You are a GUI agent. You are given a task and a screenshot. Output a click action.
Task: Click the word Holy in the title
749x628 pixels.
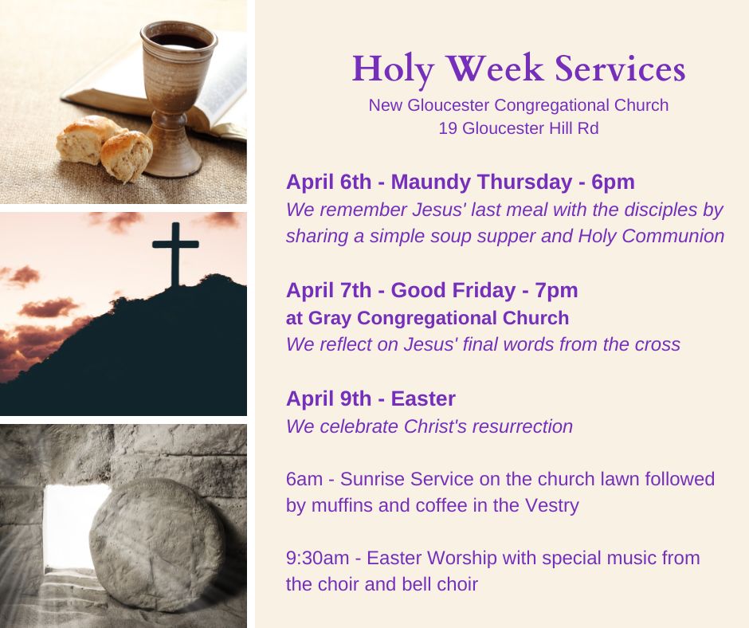(393, 70)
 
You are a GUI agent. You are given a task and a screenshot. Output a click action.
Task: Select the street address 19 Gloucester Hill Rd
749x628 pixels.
(518, 128)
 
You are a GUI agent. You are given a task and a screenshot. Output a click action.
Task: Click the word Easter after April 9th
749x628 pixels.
(423, 398)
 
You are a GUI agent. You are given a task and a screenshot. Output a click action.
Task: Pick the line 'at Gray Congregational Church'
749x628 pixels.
(428, 318)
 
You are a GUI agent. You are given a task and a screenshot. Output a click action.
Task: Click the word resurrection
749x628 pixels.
(522, 426)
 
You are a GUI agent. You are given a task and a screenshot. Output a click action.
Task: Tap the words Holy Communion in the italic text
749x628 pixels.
(651, 236)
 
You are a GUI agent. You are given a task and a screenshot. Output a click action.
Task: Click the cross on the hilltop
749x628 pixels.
(175, 253)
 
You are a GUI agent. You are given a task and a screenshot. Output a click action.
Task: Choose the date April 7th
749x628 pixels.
(328, 291)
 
